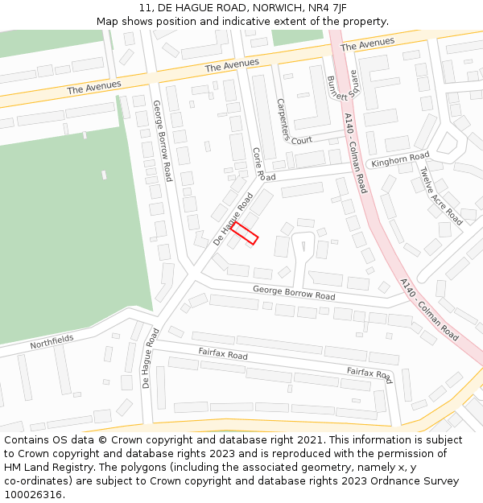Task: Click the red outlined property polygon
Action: pos(245,233)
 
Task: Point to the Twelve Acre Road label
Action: pos(441,196)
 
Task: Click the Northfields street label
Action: pos(52,342)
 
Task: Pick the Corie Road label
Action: pos(263,163)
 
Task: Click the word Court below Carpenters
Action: pos(302,140)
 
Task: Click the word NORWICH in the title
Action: pos(272,8)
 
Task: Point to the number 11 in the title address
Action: pos(145,8)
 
